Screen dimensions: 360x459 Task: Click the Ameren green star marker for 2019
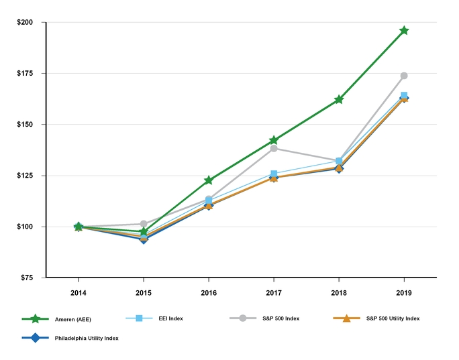click(x=404, y=31)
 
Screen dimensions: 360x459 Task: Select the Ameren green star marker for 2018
click(x=339, y=99)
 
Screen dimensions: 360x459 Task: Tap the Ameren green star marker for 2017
click(x=274, y=141)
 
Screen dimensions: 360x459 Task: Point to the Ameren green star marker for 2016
click(x=209, y=180)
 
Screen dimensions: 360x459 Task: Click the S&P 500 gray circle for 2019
click(x=404, y=76)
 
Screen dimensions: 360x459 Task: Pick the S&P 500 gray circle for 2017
click(x=274, y=148)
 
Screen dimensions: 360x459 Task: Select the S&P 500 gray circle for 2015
click(x=144, y=224)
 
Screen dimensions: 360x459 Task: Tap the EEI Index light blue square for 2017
click(x=274, y=174)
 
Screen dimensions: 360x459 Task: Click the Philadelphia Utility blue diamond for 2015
click(x=144, y=239)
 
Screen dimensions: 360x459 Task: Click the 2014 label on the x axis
click(x=79, y=293)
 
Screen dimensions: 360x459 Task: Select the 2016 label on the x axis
click(x=209, y=293)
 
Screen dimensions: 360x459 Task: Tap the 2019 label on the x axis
click(x=404, y=293)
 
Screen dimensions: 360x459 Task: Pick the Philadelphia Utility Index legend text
click(x=87, y=339)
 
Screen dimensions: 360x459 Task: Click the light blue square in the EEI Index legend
click(x=140, y=318)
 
